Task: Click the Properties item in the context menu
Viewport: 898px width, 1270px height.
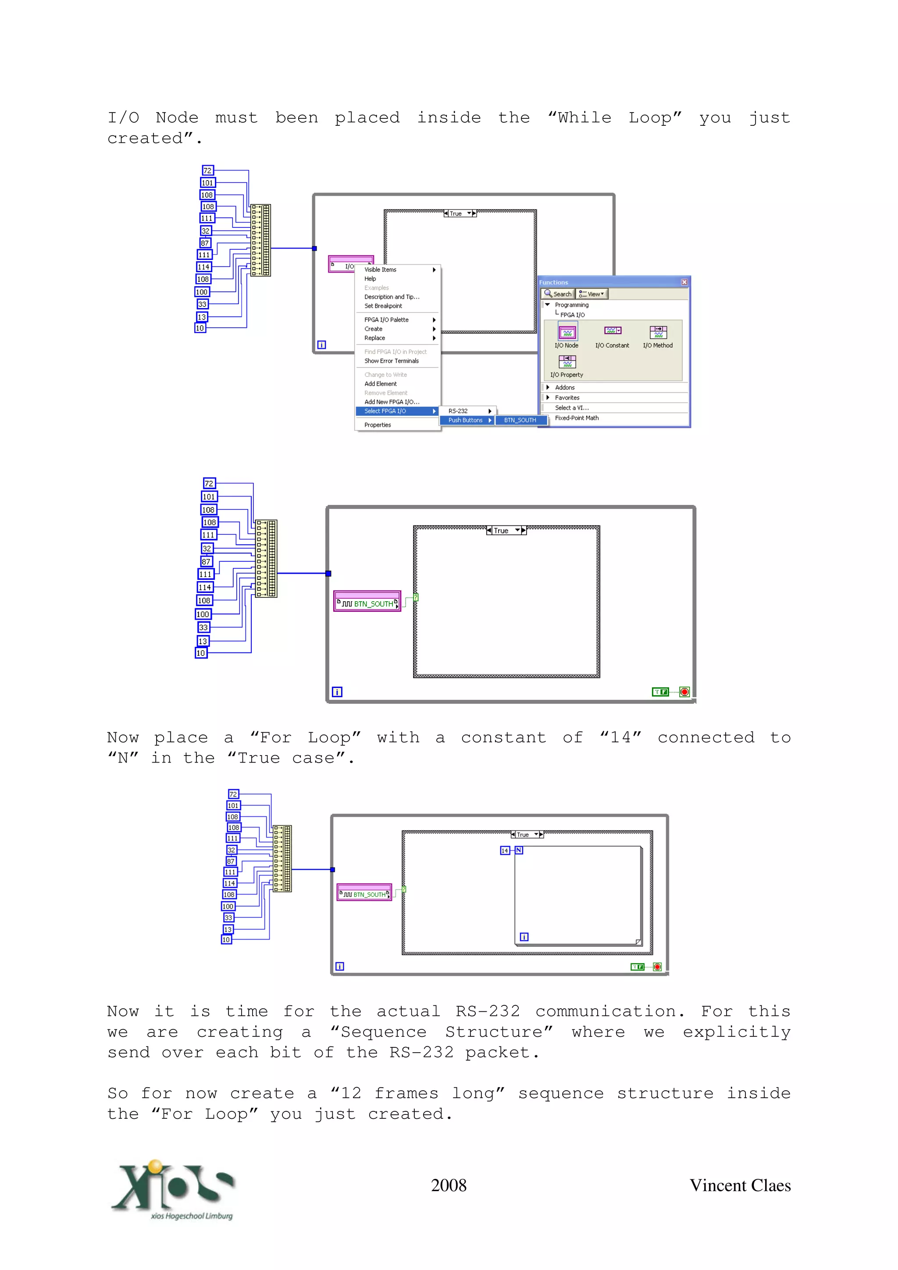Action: coord(378,425)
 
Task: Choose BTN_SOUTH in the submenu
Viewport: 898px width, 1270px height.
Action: coord(520,420)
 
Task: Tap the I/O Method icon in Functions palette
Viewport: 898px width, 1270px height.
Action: coord(658,333)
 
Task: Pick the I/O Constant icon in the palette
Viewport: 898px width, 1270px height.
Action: coord(612,331)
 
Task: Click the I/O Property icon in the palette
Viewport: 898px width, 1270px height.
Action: coord(567,362)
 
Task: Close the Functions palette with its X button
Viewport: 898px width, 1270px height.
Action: coord(684,282)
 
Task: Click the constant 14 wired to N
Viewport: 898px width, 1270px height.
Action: coord(505,850)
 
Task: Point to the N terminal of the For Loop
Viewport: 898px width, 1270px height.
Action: coord(519,850)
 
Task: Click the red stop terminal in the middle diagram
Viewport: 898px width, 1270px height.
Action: coord(684,692)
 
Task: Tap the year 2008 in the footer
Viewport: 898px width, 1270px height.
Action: coord(449,1185)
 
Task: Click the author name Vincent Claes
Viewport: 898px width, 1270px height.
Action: coord(740,1185)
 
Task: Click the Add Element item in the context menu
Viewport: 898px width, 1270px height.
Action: coord(380,384)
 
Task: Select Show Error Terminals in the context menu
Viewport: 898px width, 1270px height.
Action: coord(391,361)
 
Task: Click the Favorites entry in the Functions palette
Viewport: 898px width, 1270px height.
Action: coord(567,398)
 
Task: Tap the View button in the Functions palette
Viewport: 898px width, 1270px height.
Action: coord(592,294)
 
